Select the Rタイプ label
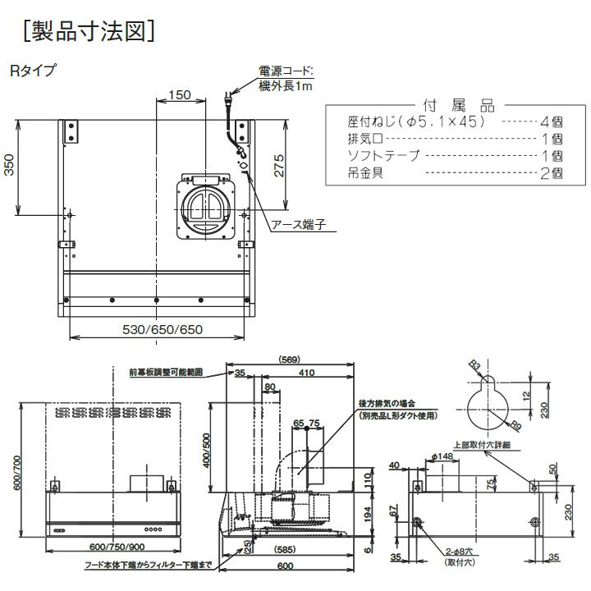34,71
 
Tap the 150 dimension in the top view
178,95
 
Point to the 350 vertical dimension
9,168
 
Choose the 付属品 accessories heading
457,106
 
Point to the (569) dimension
288,359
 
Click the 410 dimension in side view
307,373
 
